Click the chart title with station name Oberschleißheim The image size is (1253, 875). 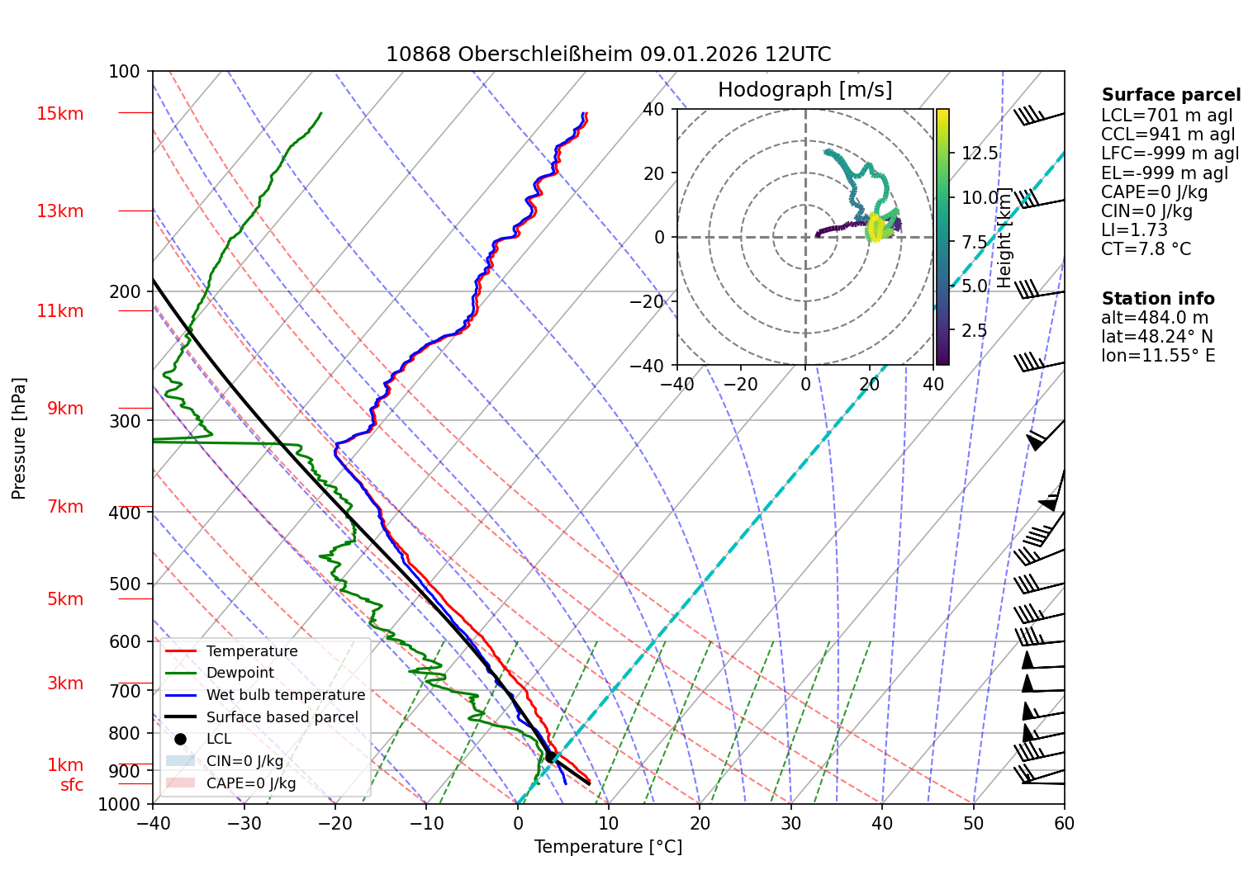tap(608, 54)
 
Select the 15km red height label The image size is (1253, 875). tap(59, 114)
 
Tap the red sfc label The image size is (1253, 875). tap(72, 785)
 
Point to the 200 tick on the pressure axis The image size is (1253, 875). tap(125, 291)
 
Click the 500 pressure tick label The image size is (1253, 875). tap(125, 584)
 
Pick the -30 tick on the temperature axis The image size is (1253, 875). tap(244, 823)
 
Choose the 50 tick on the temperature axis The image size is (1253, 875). tap(973, 823)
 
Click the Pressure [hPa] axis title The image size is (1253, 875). tap(19, 438)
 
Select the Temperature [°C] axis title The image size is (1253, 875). tap(608, 847)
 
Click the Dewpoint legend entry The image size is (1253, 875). tap(240, 673)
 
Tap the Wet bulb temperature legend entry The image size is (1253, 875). tap(285, 695)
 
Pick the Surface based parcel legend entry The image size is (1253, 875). tap(282, 717)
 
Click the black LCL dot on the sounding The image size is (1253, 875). tap(550, 756)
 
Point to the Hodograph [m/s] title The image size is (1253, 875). tap(804, 90)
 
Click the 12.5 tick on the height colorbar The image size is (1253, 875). tap(980, 154)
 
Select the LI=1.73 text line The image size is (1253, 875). tap(1134, 230)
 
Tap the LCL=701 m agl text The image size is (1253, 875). tap(1166, 116)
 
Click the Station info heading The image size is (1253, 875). tap(1157, 299)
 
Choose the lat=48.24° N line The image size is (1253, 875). tap(1156, 337)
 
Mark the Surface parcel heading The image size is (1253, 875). tap(1170, 95)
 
